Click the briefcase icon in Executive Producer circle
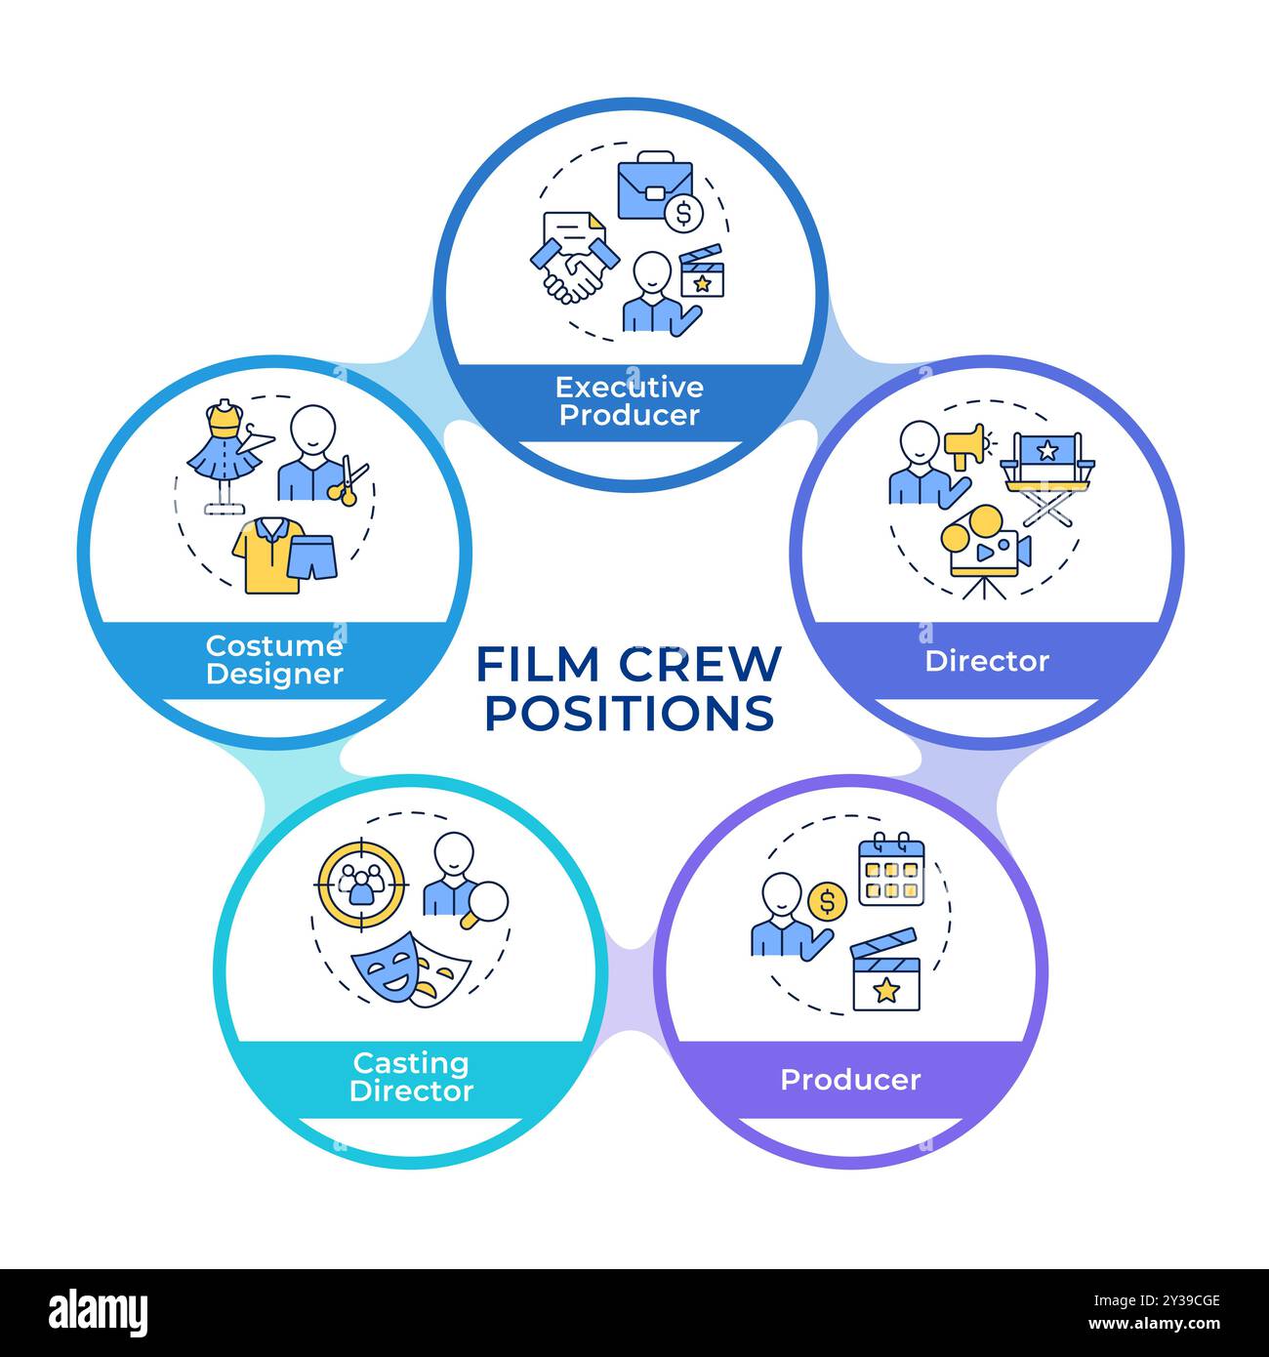654,185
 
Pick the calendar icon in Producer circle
890,868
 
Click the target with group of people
361,883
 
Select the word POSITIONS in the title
630,713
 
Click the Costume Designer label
274,660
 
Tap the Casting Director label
411,1077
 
